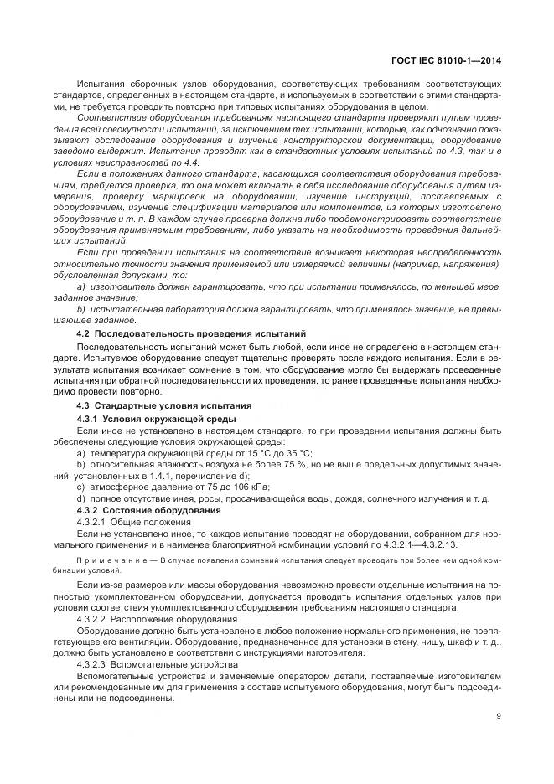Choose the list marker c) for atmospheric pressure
[81, 487]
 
